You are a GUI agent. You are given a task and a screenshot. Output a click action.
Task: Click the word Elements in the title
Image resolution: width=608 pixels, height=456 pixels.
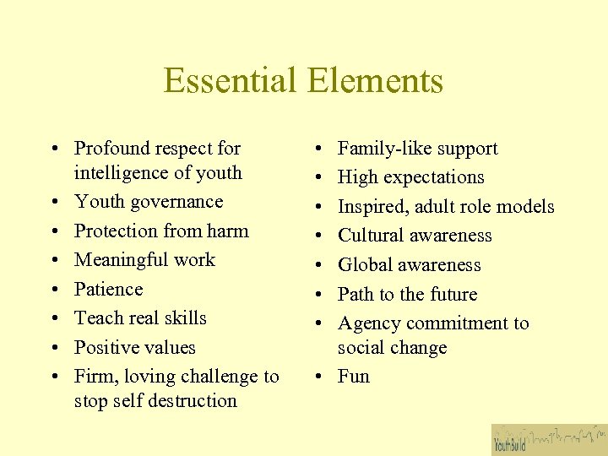(376, 81)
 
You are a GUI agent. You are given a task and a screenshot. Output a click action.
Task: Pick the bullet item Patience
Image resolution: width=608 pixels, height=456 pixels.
(108, 289)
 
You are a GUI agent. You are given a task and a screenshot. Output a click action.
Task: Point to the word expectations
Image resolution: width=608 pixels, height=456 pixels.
(433, 178)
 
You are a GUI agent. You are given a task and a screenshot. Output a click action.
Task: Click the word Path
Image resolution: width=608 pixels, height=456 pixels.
(355, 294)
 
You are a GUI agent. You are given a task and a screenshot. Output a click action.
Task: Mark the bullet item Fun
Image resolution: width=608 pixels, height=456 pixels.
(354, 377)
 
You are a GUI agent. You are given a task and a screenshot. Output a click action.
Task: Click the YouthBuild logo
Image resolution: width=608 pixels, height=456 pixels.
(549, 439)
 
